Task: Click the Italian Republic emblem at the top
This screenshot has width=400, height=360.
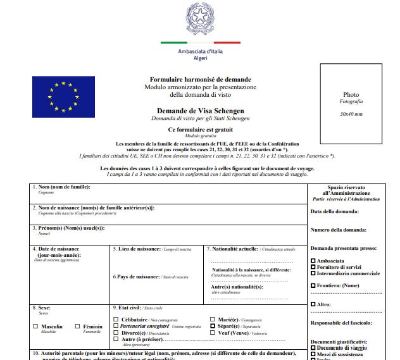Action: [x=199, y=18]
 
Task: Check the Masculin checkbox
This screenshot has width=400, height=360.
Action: [x=35, y=326]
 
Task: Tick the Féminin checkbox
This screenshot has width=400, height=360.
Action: [x=78, y=326]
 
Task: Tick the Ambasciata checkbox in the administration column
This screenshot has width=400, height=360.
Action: [x=313, y=261]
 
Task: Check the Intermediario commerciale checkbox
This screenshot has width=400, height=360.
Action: [x=313, y=273]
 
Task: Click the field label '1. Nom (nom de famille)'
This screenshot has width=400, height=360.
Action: [x=61, y=187]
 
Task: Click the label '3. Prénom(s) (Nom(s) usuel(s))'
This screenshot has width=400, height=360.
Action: [x=68, y=228]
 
